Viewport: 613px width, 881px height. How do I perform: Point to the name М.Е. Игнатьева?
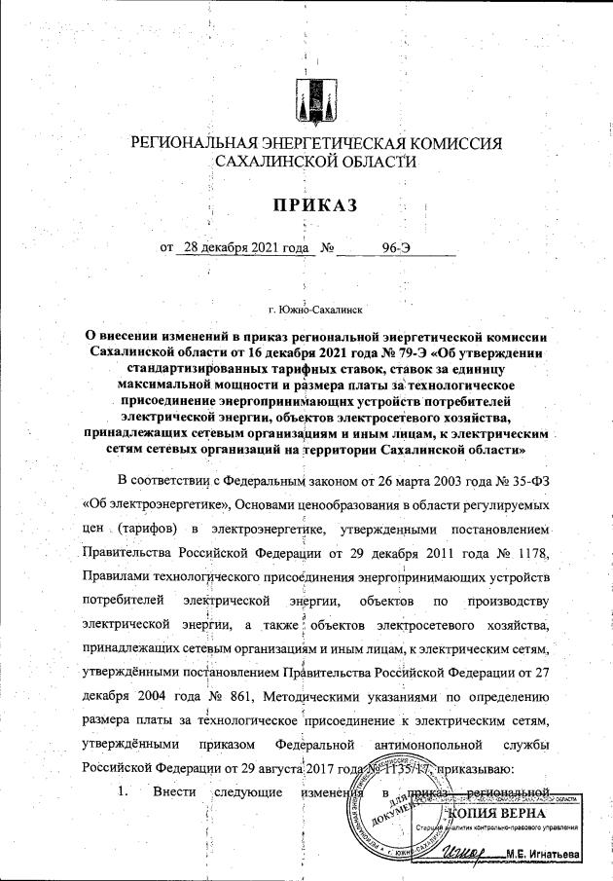tap(542, 855)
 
